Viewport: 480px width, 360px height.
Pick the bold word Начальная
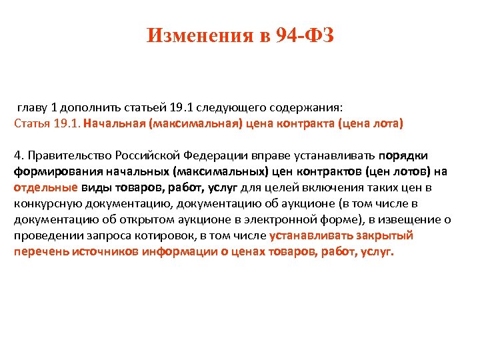coord(115,123)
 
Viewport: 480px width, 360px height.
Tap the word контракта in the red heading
coord(301,123)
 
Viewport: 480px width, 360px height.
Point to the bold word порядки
coord(403,155)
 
